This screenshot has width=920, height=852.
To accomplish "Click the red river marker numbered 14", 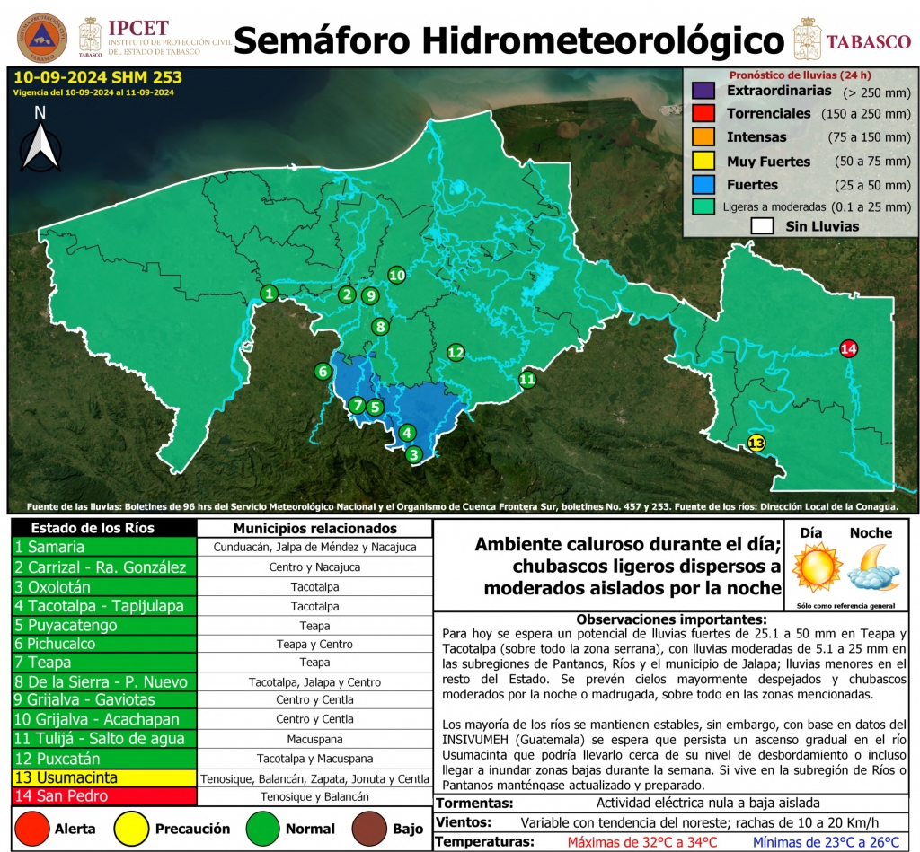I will point(848,348).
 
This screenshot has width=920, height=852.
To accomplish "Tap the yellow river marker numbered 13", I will point(756,443).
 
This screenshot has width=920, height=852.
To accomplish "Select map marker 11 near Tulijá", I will point(527,380).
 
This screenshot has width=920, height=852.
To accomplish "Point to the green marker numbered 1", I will point(269,293).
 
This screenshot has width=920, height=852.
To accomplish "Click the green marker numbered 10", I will point(396,275).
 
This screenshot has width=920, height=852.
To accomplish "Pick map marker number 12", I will point(456,352).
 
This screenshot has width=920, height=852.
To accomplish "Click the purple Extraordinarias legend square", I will point(703,92).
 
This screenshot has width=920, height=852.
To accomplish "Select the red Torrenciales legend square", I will point(703,114).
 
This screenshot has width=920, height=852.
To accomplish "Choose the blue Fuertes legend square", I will point(703,185).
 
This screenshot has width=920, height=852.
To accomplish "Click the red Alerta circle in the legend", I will point(32,829).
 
